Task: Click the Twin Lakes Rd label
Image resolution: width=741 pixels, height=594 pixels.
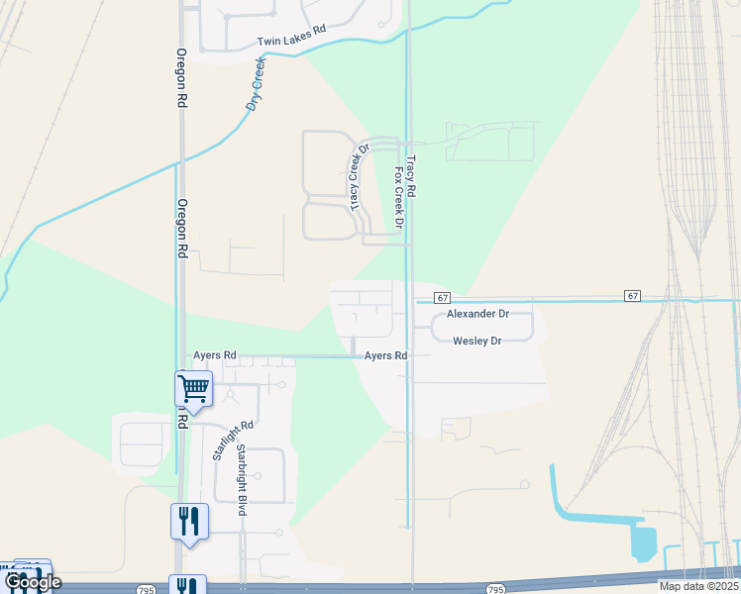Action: click(291, 37)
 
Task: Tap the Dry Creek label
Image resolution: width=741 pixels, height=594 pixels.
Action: click(256, 83)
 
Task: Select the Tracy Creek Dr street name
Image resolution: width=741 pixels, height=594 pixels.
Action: click(359, 176)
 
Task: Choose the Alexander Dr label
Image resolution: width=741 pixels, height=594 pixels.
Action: click(476, 314)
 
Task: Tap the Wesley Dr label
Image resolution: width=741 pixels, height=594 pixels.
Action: click(477, 341)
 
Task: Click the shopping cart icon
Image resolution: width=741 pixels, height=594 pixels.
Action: click(193, 387)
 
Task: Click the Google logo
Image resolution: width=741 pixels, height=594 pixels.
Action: click(32, 583)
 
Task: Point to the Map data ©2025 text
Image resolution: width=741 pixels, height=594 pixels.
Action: click(697, 586)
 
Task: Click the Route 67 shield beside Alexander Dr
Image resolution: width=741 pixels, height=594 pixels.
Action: click(442, 297)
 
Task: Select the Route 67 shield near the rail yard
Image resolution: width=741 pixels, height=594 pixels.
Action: click(632, 296)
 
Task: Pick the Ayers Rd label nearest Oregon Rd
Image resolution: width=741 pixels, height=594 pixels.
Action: click(214, 354)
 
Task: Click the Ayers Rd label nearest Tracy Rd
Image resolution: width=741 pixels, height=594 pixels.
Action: click(385, 355)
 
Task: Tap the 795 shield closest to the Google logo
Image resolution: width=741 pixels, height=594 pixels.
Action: click(147, 589)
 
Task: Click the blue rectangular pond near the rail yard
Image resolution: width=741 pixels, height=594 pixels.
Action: click(643, 543)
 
